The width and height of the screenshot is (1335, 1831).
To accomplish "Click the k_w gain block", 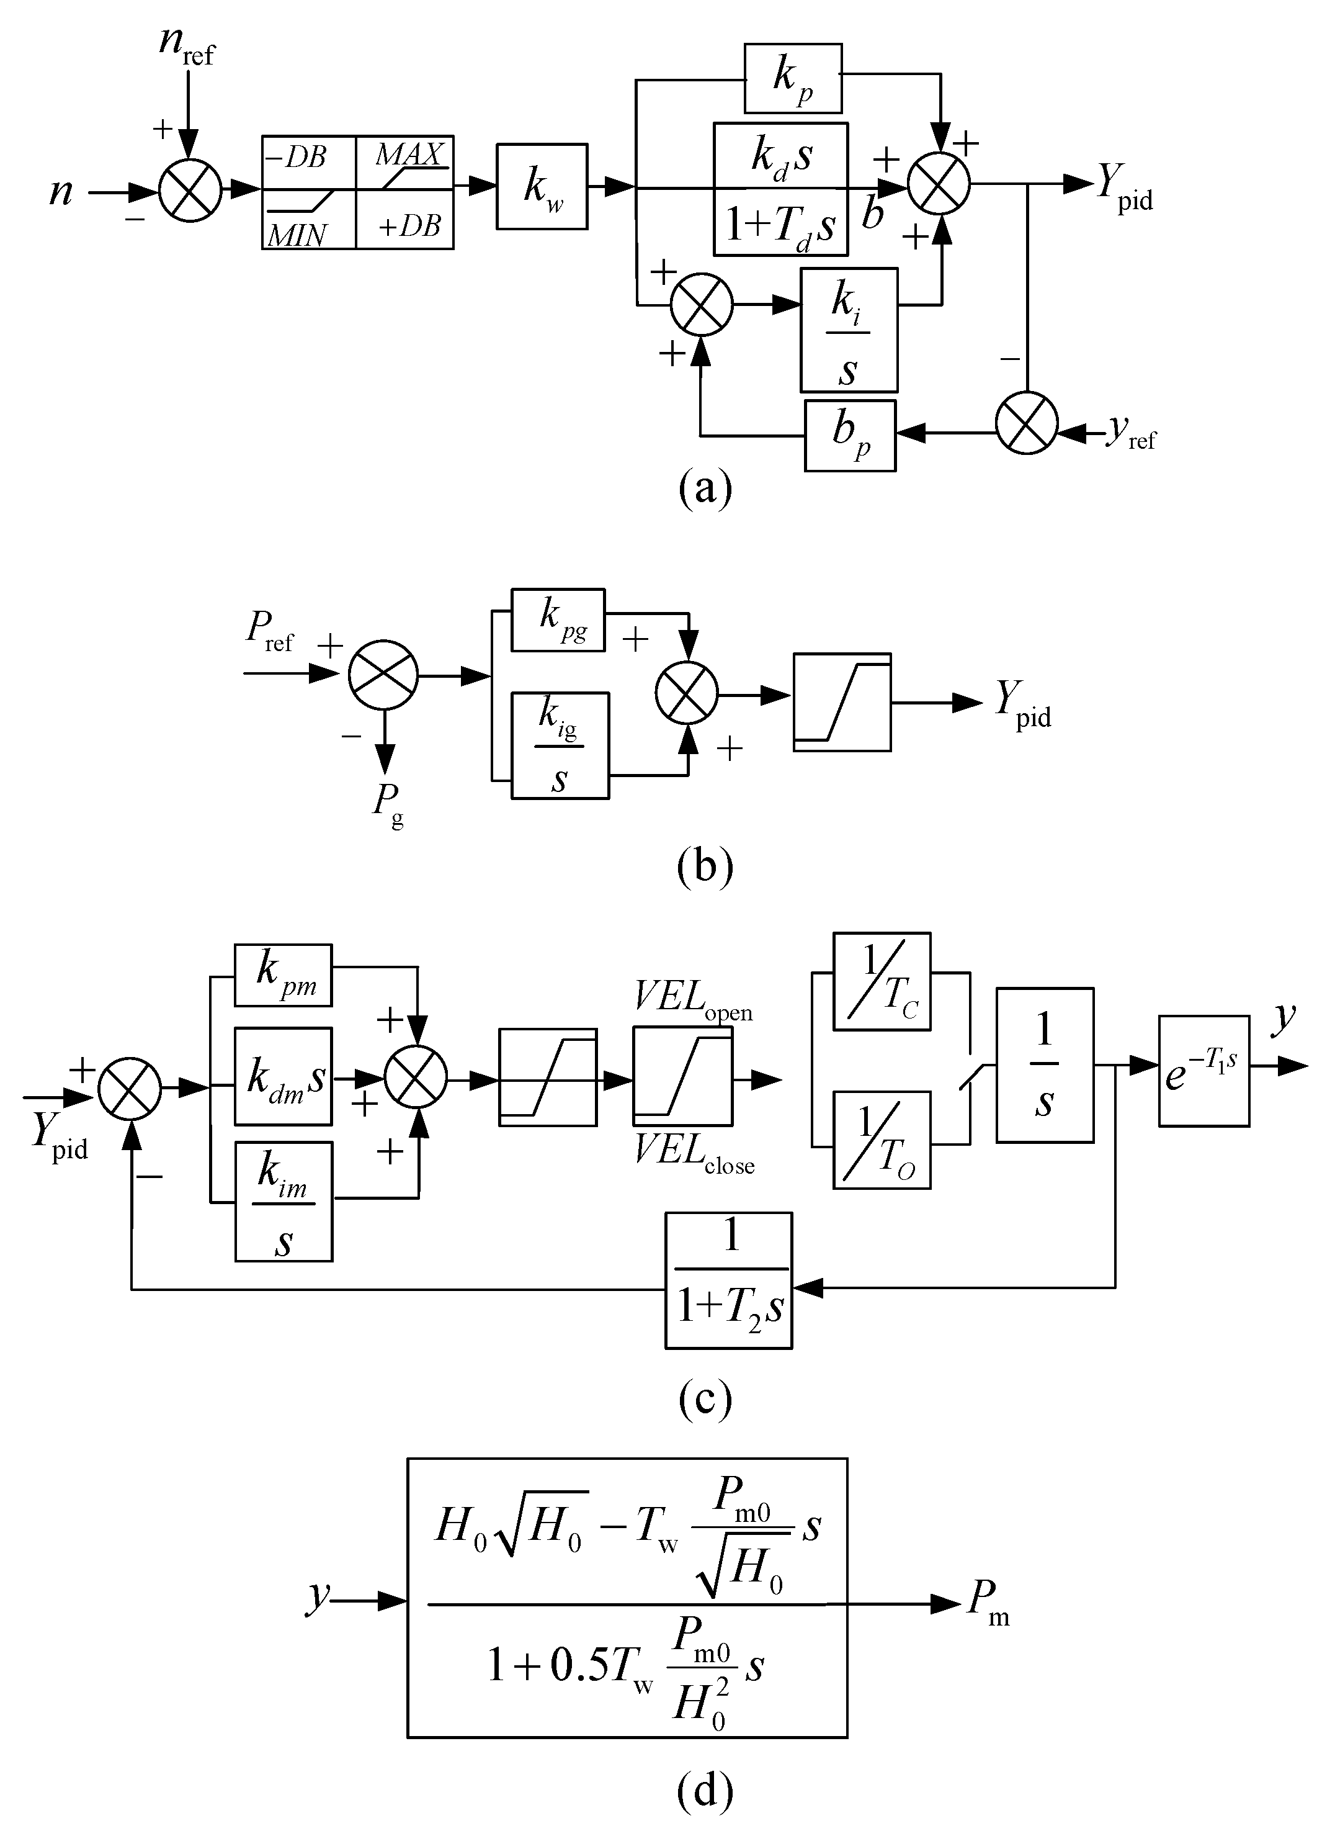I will [x=542, y=187].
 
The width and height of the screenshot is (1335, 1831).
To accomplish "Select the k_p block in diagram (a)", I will [x=792, y=78].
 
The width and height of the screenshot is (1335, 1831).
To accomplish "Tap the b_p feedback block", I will [x=849, y=435].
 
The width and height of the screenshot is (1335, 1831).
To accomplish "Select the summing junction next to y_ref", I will [x=1025, y=423].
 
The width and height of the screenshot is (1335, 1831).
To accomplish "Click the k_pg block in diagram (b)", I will [x=558, y=619].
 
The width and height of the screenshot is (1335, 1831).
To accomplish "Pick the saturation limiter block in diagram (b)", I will [x=841, y=702].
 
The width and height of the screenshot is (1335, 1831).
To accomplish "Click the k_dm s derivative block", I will [x=283, y=1076].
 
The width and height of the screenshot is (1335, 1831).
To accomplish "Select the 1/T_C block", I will [x=882, y=981].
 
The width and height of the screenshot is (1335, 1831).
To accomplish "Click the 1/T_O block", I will [x=882, y=1140].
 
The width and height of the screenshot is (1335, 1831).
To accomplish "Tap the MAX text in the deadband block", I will [x=409, y=155].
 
